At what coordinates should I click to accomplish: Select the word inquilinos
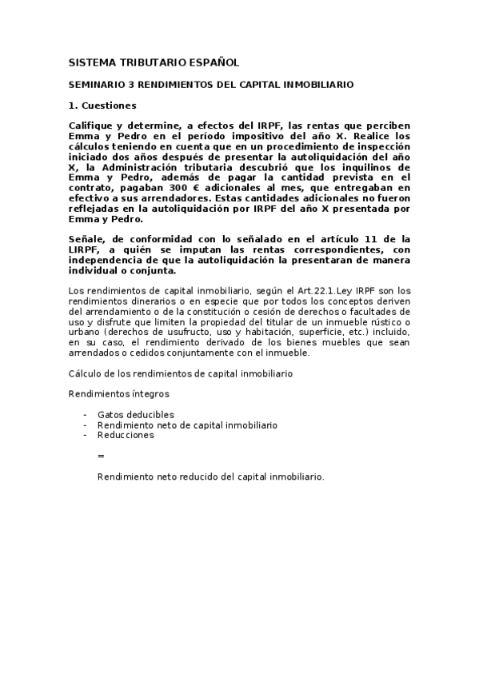coord(377,168)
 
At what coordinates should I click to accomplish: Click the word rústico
coord(388,321)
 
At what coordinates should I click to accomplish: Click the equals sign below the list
coord(101,455)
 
